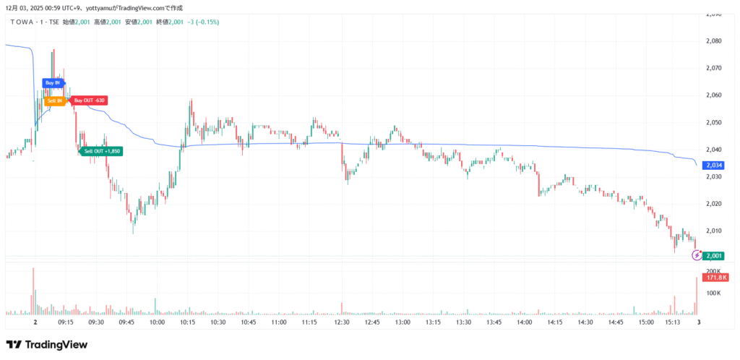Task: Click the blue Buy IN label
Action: click(53, 83)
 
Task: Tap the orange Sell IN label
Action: click(54, 101)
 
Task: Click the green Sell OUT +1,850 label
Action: click(102, 150)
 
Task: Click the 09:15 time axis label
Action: click(65, 322)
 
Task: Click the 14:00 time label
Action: click(525, 322)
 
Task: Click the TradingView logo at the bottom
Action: click(46, 345)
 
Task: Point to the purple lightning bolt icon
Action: click(697, 255)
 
